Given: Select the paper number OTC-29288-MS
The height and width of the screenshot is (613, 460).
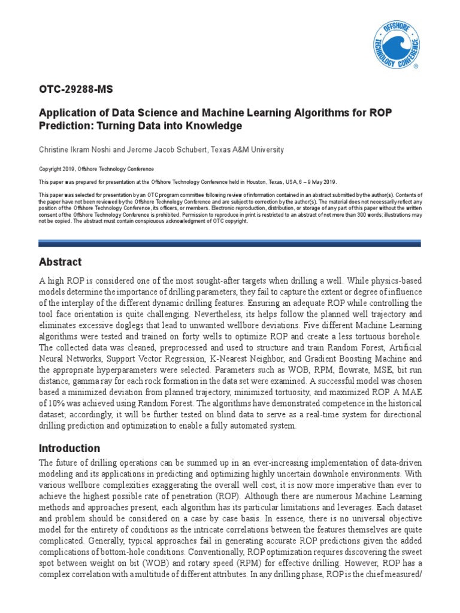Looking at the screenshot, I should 75,90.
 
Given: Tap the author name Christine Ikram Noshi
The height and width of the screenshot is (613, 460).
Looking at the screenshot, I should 75,150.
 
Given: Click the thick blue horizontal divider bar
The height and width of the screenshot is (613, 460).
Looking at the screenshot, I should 229,243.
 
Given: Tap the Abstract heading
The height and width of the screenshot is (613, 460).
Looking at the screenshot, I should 60,262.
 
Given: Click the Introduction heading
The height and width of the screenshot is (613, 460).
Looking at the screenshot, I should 69,448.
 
